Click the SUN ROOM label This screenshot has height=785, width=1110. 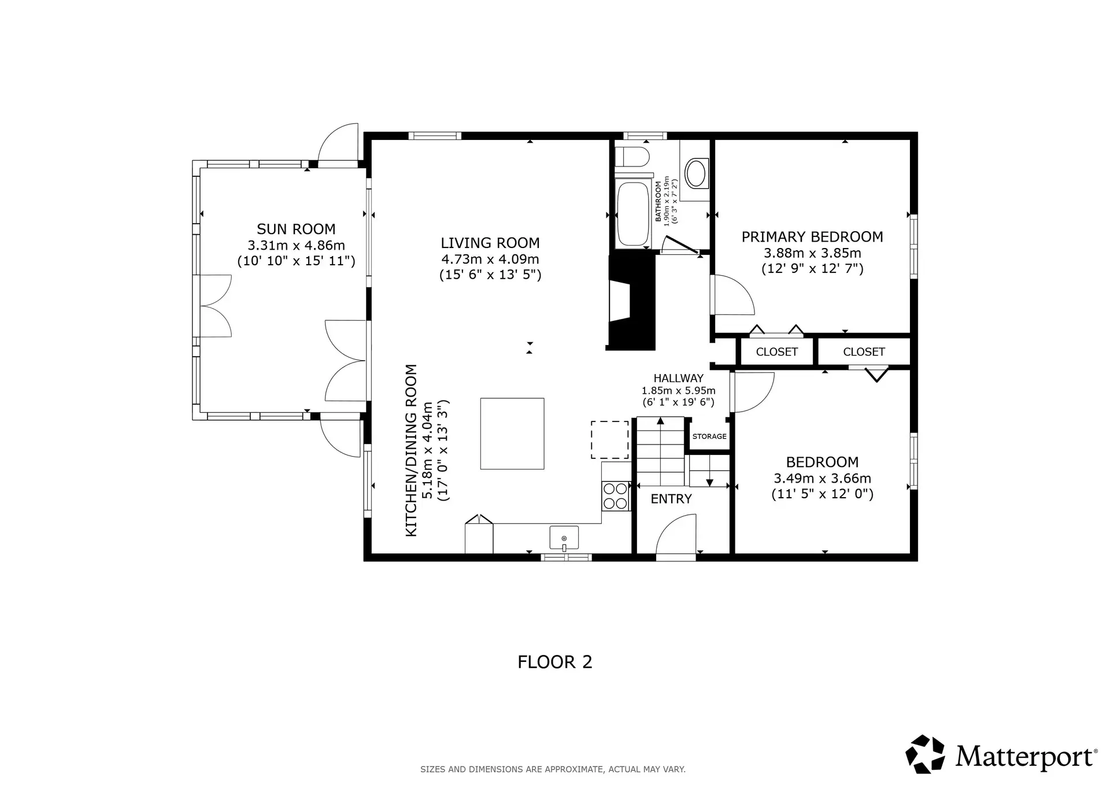point(296,229)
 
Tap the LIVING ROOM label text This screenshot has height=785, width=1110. point(490,243)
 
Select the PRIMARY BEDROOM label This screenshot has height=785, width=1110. point(812,236)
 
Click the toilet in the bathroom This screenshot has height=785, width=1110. point(632,156)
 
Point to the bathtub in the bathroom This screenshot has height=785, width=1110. point(633,214)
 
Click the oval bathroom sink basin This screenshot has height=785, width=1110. point(695,173)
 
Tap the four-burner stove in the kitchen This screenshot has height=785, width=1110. point(615,496)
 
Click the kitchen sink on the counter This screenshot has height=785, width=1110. point(564,538)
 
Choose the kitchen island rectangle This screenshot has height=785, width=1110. point(512,433)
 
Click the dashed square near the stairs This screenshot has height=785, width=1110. point(609,440)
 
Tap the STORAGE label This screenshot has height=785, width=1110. point(709,436)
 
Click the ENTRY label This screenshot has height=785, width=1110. point(671,499)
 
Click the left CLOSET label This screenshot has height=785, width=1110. point(776,351)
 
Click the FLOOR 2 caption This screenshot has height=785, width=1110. point(554,662)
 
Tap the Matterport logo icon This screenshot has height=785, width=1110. point(924,754)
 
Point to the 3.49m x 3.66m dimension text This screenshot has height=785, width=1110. point(822,478)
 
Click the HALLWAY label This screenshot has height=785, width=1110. point(678,378)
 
